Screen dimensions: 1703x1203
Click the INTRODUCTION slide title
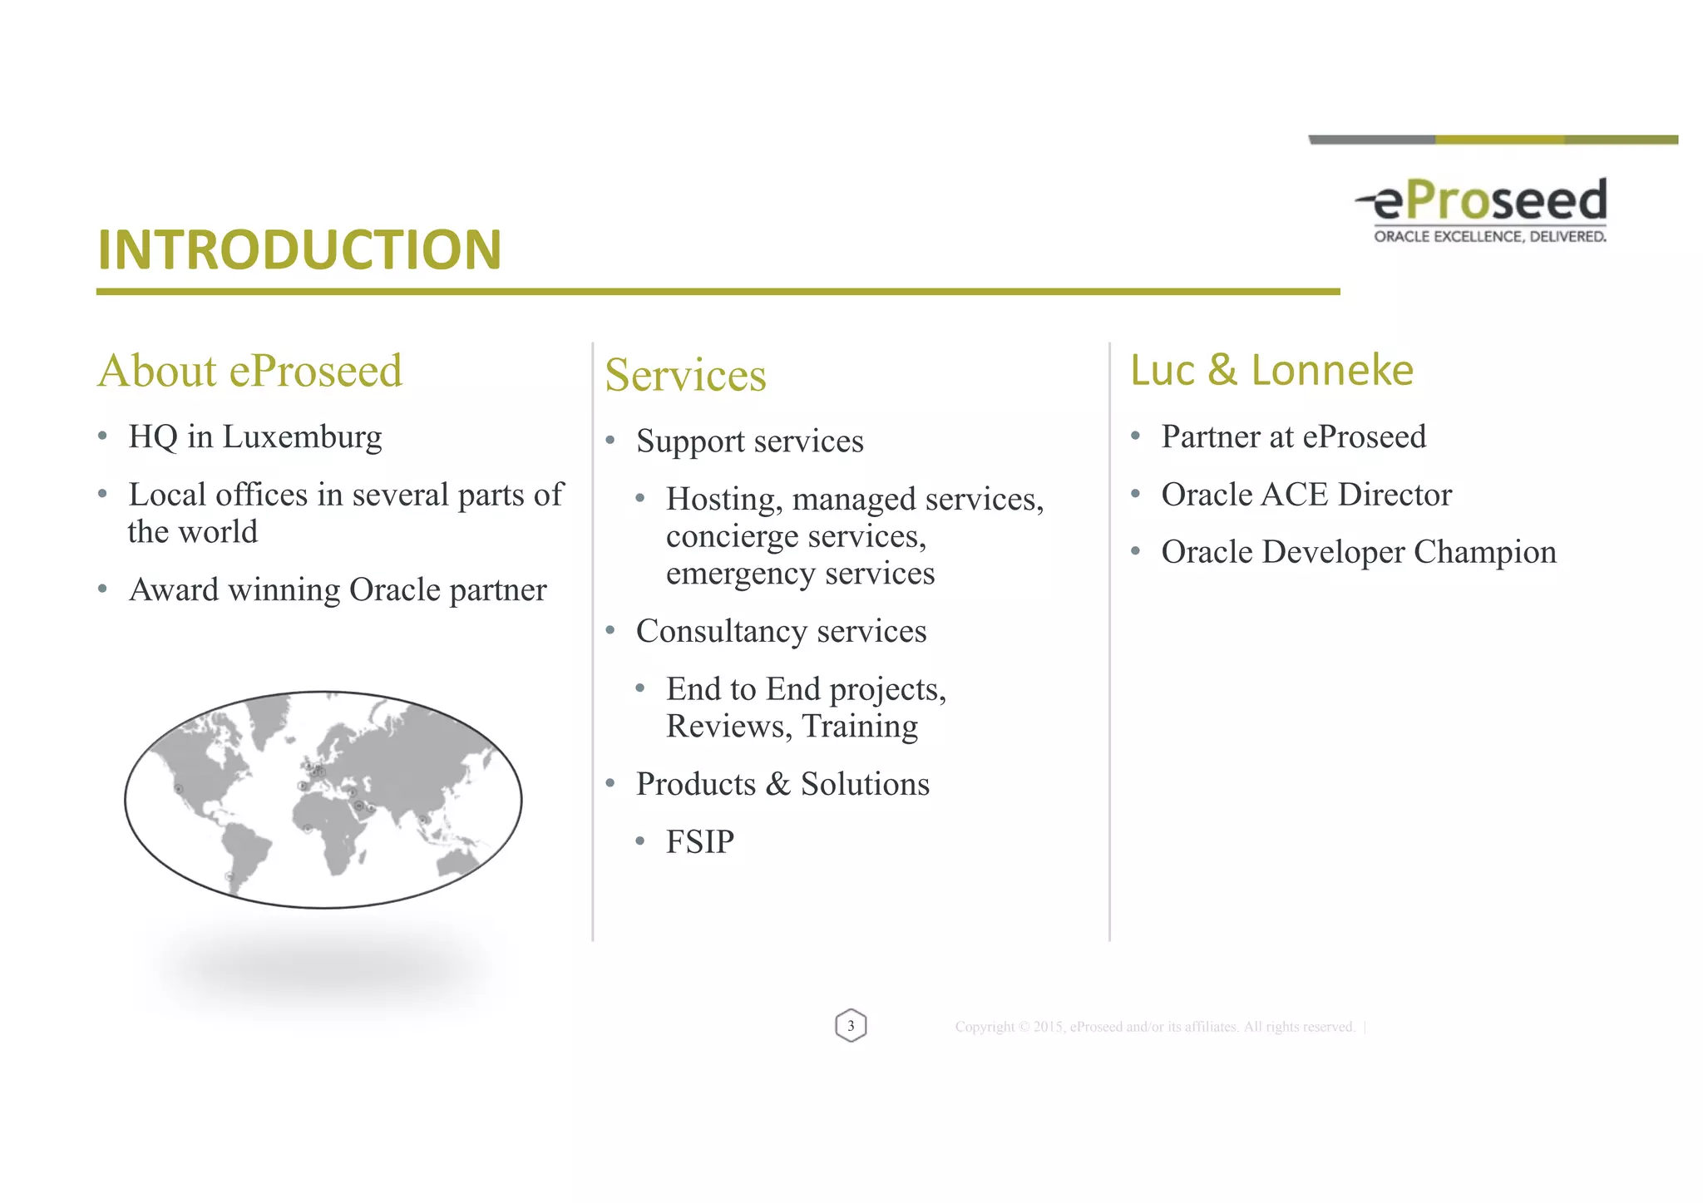[299, 249]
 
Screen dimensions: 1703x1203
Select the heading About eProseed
[249, 371]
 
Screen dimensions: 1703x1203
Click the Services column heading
[685, 375]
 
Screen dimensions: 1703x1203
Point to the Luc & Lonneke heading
[1271, 370]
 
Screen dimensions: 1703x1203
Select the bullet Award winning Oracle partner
[338, 590]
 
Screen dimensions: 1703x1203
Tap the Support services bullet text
[749, 441]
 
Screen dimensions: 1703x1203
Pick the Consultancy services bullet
[781, 632]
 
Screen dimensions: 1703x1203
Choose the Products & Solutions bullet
[782, 785]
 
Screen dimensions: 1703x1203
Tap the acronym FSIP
[700, 842]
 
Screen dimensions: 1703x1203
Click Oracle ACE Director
[1306, 495]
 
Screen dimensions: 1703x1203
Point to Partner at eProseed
[1293, 437]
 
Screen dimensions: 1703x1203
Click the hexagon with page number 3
[851, 1026]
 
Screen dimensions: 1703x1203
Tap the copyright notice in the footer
[1155, 1028]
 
